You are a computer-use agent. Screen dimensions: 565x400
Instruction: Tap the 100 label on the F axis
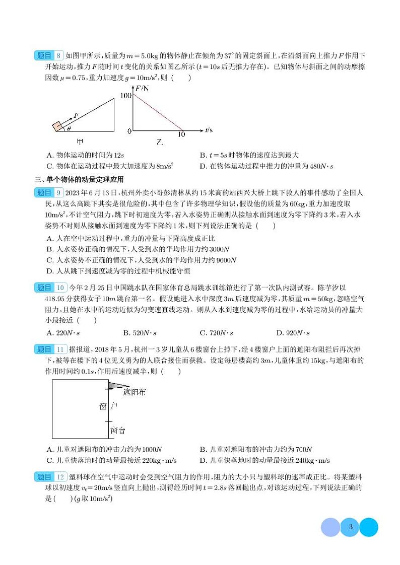coord(126,95)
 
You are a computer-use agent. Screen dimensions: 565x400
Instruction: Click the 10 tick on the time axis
coord(181,134)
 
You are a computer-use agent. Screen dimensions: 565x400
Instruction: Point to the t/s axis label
coord(209,130)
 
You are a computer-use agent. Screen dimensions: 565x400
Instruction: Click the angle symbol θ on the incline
coord(69,128)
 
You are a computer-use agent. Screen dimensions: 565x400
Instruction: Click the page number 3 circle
coord(350,527)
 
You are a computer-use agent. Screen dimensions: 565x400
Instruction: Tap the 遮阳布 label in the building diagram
coord(134,392)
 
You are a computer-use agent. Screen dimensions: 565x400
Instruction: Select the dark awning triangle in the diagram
coord(118,386)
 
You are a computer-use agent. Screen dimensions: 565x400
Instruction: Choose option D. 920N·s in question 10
coord(293,332)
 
